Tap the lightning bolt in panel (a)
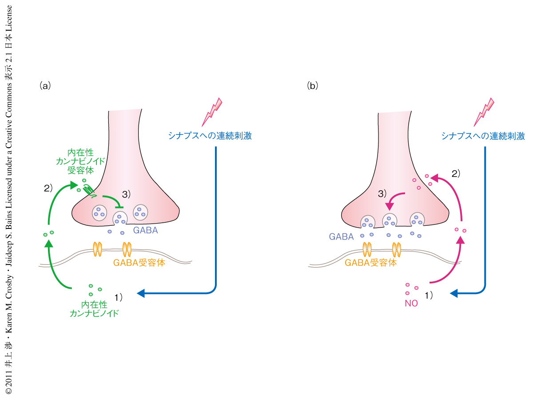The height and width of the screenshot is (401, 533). tap(212, 112)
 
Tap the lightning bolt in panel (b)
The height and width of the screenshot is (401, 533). tap(484, 112)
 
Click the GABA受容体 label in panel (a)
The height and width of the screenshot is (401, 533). tap(139, 263)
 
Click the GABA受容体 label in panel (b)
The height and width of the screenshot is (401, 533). tap(370, 263)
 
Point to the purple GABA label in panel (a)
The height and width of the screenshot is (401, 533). tap(145, 231)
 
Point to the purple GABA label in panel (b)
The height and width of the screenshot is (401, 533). tap(341, 237)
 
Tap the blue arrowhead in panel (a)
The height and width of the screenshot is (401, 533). tap(141, 293)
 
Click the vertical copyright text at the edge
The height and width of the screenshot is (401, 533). tap(9, 200)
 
